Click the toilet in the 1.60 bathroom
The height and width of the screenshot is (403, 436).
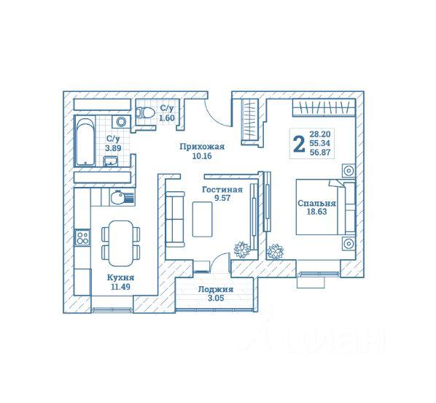tap(145, 112)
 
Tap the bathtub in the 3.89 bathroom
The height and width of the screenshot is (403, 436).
tap(85, 142)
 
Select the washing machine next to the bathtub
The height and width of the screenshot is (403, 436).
tap(121, 122)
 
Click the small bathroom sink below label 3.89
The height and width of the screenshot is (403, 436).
tap(110, 161)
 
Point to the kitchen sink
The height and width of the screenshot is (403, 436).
tap(122, 197)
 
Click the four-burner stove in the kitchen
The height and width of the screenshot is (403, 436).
tap(82, 237)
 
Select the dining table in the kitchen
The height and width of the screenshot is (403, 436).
tap(121, 243)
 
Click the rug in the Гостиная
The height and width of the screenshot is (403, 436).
tap(203, 220)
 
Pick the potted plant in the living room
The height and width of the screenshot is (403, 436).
tap(241, 249)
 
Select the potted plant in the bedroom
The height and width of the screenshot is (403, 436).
tap(275, 251)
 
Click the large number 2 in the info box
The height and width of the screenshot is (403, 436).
tap(299, 145)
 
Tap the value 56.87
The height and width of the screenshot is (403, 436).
tap(320, 153)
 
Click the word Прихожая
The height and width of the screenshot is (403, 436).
tap(202, 147)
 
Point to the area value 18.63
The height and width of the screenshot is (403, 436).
tap(316, 212)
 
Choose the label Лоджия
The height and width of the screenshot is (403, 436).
tap(216, 290)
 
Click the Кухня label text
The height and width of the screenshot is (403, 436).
tap(121, 277)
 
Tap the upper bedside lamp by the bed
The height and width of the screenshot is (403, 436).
tap(349, 170)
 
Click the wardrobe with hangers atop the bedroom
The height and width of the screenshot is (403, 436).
tap(324, 108)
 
